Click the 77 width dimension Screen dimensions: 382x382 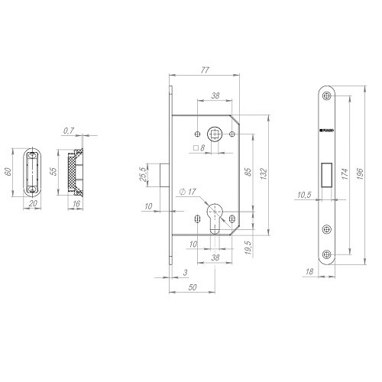tap(204, 70)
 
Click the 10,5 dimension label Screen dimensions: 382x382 tap(303, 196)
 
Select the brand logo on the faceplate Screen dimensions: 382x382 tap(326, 131)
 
